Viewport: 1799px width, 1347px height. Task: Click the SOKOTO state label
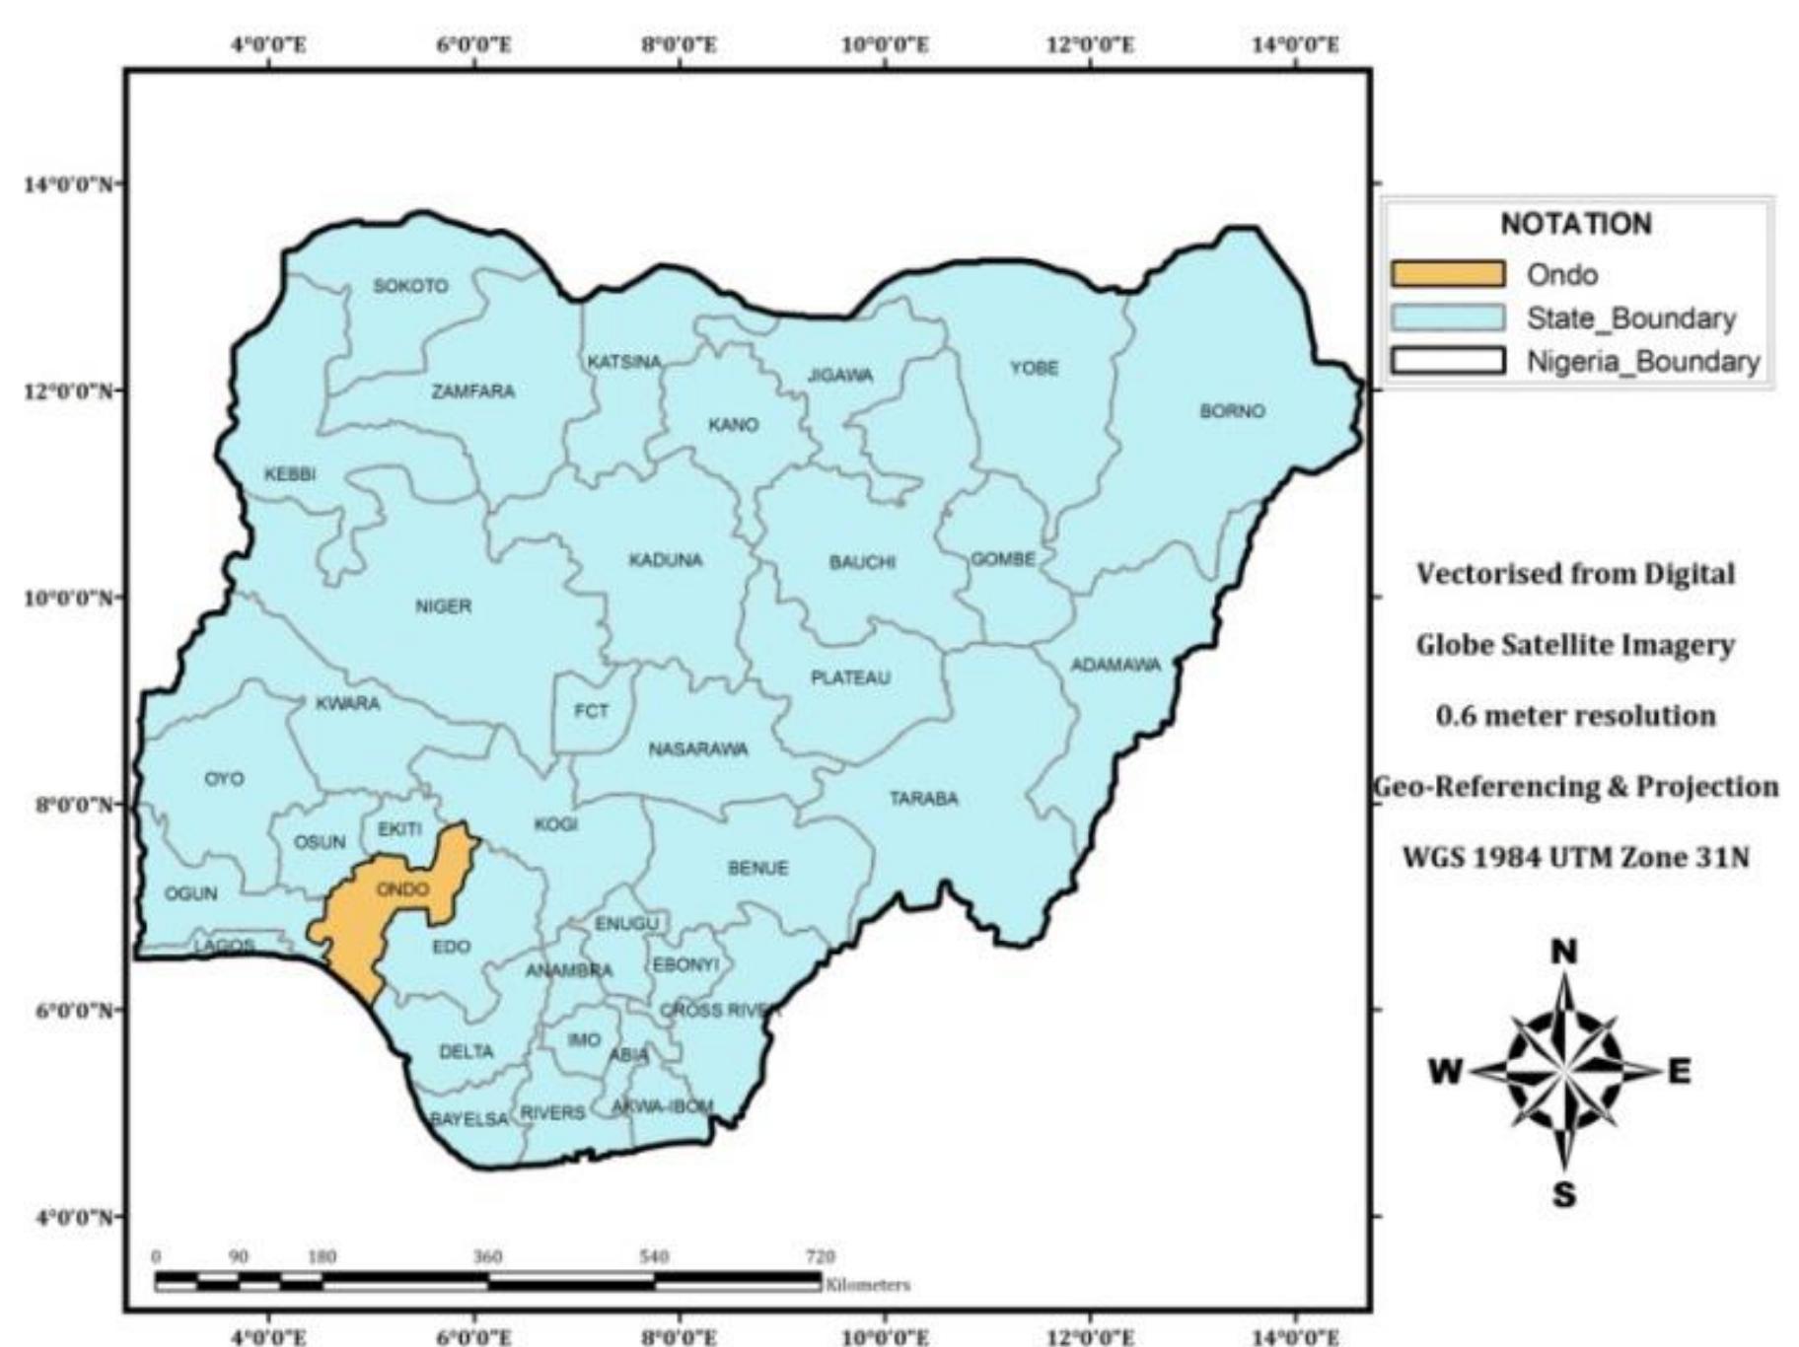pyautogui.click(x=410, y=286)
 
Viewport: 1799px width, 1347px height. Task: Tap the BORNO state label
pyautogui.click(x=1232, y=411)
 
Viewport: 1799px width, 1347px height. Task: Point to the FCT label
pyautogui.click(x=591, y=711)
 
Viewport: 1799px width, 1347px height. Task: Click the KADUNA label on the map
pyautogui.click(x=666, y=560)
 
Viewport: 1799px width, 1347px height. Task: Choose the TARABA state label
pyautogui.click(x=923, y=799)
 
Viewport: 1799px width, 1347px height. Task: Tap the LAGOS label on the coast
pyautogui.click(x=224, y=946)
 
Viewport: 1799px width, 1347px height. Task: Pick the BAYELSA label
pyautogui.click(x=469, y=1119)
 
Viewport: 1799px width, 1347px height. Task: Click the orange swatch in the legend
pyautogui.click(x=1447, y=274)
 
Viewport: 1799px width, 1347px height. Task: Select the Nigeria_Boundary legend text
pyautogui.click(x=1642, y=362)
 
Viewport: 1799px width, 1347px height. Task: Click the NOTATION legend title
pyautogui.click(x=1575, y=225)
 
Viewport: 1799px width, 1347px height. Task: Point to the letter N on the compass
pyautogui.click(x=1564, y=953)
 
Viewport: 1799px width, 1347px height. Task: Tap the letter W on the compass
pyautogui.click(x=1446, y=1072)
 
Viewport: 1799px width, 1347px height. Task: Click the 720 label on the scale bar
pyautogui.click(x=820, y=1257)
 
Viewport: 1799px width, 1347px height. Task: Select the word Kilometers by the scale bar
pyautogui.click(x=868, y=1285)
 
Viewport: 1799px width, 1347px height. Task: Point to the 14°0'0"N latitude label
pyautogui.click(x=65, y=184)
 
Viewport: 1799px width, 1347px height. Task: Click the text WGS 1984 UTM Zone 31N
pyautogui.click(x=1575, y=858)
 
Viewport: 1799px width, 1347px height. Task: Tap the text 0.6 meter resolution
pyautogui.click(x=1575, y=716)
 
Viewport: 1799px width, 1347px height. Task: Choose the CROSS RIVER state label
pyautogui.click(x=720, y=1011)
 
